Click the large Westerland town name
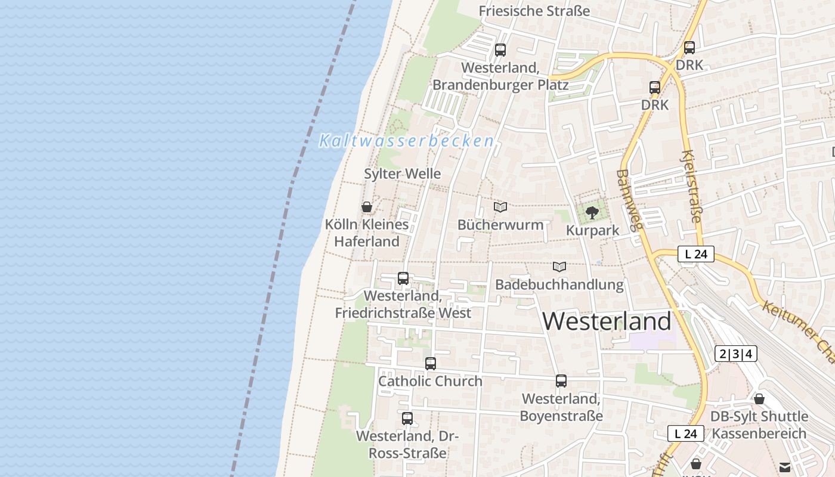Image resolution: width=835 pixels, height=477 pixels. click(607, 321)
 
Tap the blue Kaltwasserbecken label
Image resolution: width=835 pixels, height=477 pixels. click(407, 141)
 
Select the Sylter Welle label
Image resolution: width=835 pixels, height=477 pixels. click(403, 174)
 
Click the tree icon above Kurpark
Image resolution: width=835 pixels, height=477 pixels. click(592, 212)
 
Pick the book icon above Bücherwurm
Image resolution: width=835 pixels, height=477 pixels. click(500, 207)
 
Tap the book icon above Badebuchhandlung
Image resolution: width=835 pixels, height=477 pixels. click(559, 267)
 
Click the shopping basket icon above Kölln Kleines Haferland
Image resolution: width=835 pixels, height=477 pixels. click(367, 207)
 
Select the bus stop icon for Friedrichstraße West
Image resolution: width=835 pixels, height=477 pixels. click(403, 278)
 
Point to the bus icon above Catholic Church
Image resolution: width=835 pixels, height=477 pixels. click(431, 363)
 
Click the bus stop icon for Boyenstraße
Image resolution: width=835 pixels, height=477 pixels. click(561, 380)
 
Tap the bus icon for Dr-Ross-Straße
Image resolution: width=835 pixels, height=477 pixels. click(407, 418)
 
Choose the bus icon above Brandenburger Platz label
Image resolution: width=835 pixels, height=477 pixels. click(500, 50)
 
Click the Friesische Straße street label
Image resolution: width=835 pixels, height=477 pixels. click(534, 11)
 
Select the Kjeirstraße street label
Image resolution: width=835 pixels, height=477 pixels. click(691, 186)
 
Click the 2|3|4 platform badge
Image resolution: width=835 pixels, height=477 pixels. click(735, 354)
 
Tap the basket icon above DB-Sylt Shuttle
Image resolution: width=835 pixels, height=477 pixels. click(759, 398)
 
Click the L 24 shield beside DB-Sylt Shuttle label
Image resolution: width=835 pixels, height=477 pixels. click(685, 433)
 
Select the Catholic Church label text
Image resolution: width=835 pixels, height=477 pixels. click(430, 381)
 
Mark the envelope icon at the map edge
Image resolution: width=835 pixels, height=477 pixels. click(784, 467)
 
